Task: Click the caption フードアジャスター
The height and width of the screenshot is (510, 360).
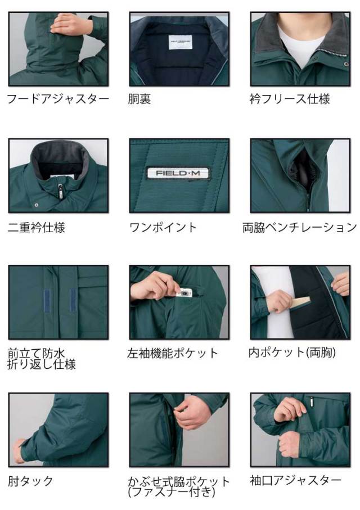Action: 57,100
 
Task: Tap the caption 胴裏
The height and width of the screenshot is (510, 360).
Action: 140,100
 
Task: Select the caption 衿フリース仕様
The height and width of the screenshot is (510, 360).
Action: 290,100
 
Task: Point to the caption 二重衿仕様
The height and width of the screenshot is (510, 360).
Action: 37,227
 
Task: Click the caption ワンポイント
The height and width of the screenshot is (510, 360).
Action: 163,227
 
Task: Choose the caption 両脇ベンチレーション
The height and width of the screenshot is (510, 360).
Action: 300,227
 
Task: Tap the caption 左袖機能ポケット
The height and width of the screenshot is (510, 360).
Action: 173,354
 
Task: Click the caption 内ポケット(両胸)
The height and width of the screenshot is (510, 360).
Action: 292,353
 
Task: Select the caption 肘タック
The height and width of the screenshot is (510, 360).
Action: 30,481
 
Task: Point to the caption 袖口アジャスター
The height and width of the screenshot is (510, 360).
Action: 295,481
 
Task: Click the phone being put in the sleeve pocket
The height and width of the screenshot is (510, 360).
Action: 184,293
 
